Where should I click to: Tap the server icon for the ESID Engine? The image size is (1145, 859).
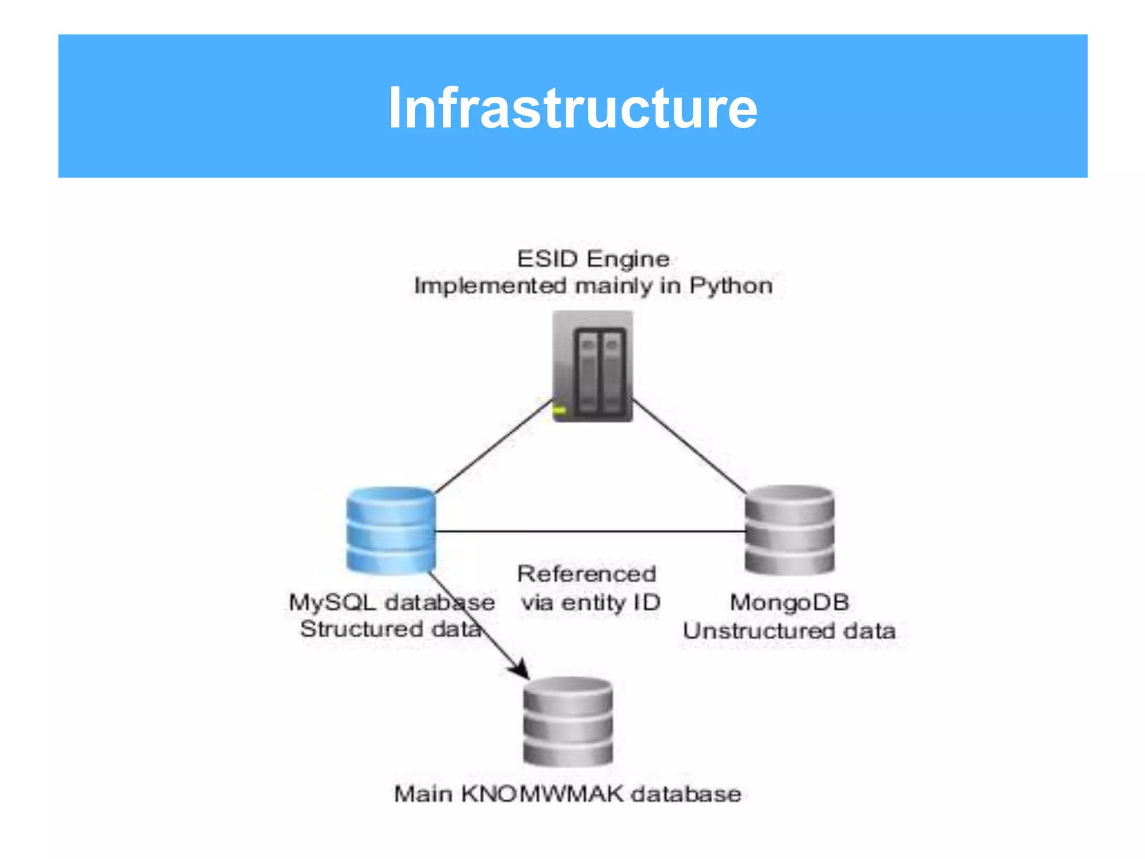coord(593,366)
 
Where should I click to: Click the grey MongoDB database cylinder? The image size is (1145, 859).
coord(789,530)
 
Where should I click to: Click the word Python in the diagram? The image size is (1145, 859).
coord(731,286)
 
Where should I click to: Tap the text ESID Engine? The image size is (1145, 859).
coord(593,259)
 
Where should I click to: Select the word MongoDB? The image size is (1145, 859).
coord(789,602)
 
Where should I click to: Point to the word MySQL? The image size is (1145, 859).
coord(332,602)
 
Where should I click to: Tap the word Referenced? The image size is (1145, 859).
coord(586,574)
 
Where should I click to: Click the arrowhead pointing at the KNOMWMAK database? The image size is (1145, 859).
coord(521,669)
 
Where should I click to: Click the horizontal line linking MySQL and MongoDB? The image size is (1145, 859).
coord(590,531)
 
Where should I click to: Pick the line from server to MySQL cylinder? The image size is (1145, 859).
coord(492,446)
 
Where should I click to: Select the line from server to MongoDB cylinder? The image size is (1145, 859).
coord(689,446)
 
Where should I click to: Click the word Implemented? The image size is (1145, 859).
coord(490,286)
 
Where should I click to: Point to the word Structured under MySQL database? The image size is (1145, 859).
coord(361,629)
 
